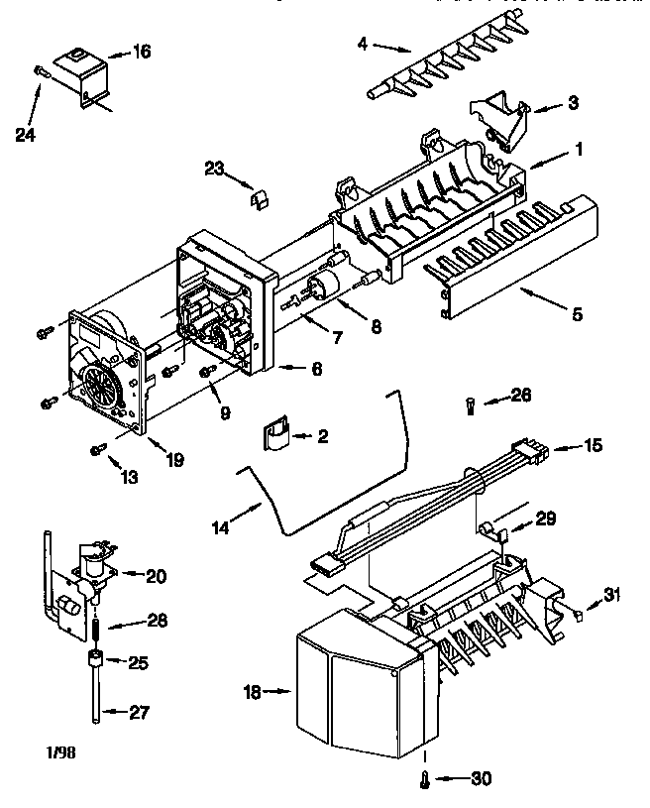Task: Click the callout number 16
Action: [142, 51]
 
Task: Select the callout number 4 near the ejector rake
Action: [363, 43]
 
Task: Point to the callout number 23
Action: [215, 168]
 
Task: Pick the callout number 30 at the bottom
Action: [481, 778]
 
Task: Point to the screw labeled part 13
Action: [96, 450]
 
